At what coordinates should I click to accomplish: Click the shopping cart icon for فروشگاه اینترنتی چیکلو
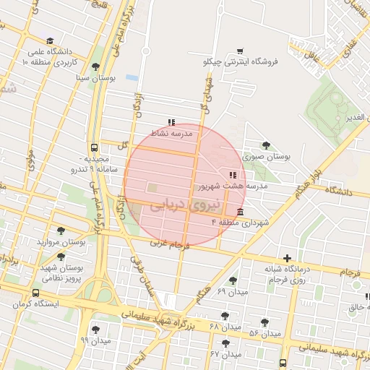(x=239, y=51)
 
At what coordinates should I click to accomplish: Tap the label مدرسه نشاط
(x=171, y=134)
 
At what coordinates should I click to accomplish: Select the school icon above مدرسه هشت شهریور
(x=232, y=175)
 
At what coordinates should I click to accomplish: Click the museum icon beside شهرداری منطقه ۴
(x=240, y=212)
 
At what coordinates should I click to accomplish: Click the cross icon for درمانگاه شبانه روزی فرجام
(x=288, y=258)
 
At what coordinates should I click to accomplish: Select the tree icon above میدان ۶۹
(x=232, y=280)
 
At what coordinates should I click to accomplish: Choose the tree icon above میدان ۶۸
(x=225, y=316)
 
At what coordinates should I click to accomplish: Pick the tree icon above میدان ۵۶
(x=266, y=322)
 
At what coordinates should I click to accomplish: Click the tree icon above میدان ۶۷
(x=225, y=343)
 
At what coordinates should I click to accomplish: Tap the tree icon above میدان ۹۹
(x=95, y=330)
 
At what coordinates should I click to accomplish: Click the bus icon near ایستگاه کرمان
(x=36, y=293)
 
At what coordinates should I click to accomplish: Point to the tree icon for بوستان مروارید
(x=61, y=231)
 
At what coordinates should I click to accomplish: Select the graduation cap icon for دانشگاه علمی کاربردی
(x=49, y=41)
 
